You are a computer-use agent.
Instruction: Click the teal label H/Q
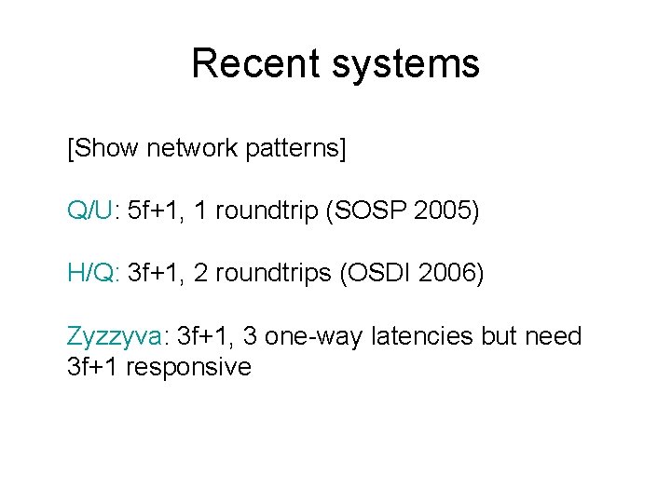89,273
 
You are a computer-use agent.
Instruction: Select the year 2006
450,273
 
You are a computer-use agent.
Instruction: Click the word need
554,335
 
